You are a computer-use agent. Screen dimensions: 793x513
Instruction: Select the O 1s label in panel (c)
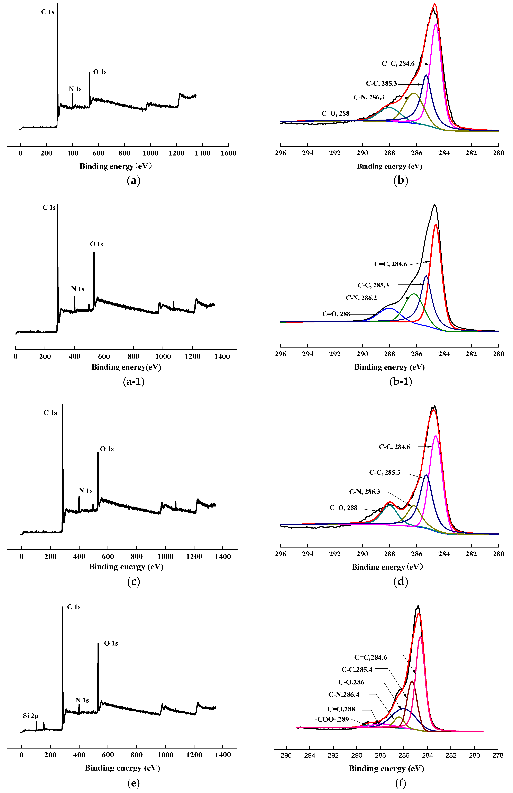107,449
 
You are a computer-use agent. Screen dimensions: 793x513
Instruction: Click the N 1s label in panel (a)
75,89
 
